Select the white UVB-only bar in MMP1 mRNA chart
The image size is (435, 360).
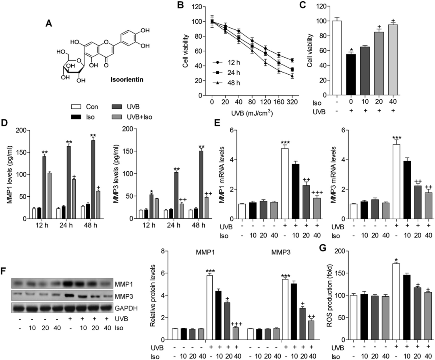pyautogui.click(x=285, y=183)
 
